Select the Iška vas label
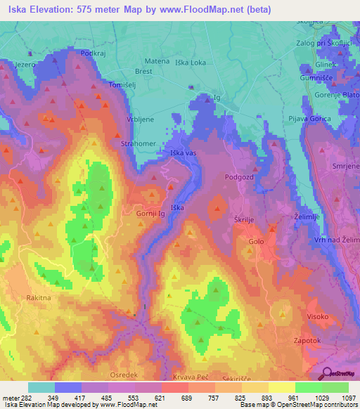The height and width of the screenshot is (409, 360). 183,152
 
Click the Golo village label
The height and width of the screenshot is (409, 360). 256,242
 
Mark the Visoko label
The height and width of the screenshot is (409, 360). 317,316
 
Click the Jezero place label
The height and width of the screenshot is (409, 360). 23,64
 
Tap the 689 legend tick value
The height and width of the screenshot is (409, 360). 188,398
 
